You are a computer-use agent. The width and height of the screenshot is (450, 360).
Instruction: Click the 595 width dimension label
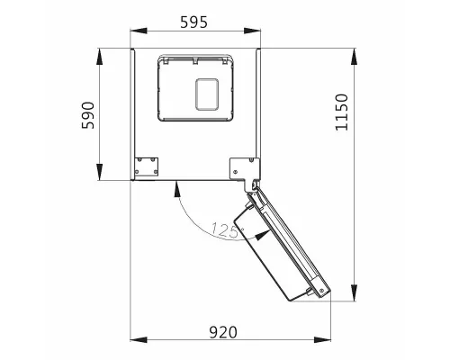[x=193, y=22]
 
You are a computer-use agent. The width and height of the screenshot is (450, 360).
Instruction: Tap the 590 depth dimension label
[x=88, y=115]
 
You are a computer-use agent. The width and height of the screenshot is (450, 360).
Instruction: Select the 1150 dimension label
[x=341, y=112]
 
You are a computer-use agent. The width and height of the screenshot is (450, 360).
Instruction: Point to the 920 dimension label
[x=223, y=332]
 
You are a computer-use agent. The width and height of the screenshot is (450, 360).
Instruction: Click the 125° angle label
[x=228, y=230]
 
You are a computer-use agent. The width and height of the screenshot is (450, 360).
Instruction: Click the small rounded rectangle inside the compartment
[x=207, y=94]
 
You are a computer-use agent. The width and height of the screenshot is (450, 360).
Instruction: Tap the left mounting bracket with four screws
[x=146, y=166]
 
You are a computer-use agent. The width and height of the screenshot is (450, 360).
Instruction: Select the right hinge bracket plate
[x=244, y=170]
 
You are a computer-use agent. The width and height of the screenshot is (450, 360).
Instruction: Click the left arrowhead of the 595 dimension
[x=139, y=31]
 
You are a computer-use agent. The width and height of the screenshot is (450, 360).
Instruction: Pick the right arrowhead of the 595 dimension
[x=252, y=31]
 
